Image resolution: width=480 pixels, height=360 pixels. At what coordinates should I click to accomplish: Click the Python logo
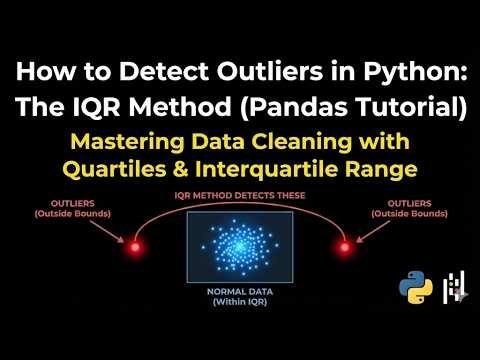(x=415, y=288)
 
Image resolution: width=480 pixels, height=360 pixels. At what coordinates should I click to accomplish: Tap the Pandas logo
(x=455, y=288)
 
